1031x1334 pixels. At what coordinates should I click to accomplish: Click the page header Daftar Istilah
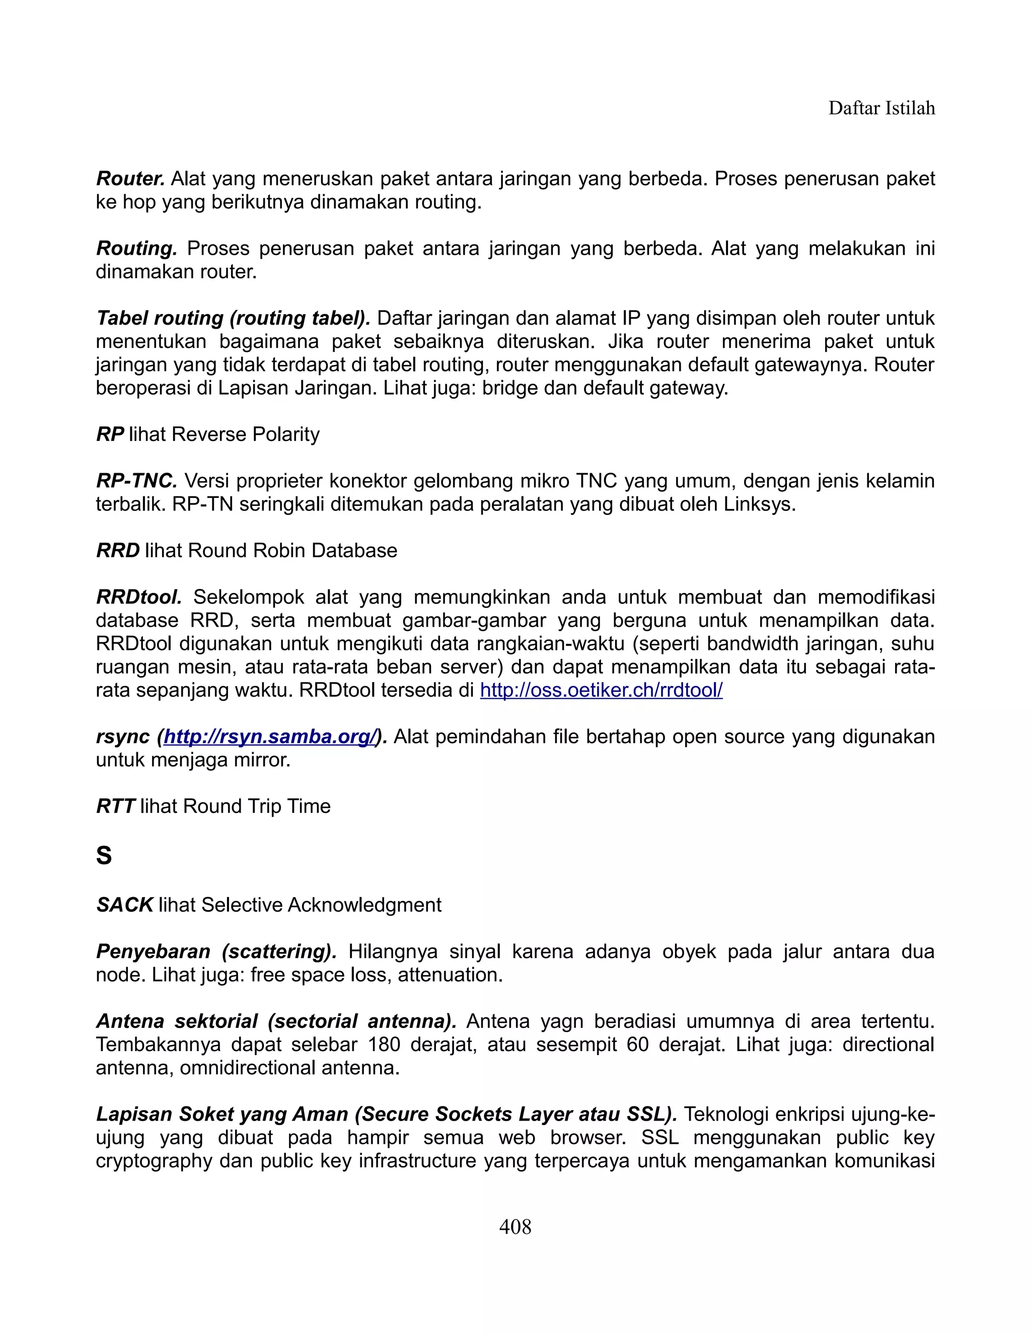pyautogui.click(x=881, y=108)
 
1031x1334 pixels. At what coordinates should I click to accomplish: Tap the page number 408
pyautogui.click(x=515, y=1226)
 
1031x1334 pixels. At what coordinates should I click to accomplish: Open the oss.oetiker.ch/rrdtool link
pyautogui.click(x=601, y=690)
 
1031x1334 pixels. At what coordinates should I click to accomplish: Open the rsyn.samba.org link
pyautogui.click(x=269, y=736)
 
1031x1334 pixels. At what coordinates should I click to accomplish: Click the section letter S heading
pyautogui.click(x=104, y=855)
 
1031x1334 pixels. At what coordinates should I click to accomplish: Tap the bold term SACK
pyautogui.click(x=125, y=905)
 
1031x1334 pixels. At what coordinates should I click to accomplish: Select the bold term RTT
pyautogui.click(x=115, y=806)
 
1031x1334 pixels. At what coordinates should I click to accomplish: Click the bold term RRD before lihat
pyautogui.click(x=118, y=550)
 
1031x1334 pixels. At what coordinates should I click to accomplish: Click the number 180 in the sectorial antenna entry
pyautogui.click(x=384, y=1045)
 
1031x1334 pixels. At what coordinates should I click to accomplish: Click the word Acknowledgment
pyautogui.click(x=364, y=905)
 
